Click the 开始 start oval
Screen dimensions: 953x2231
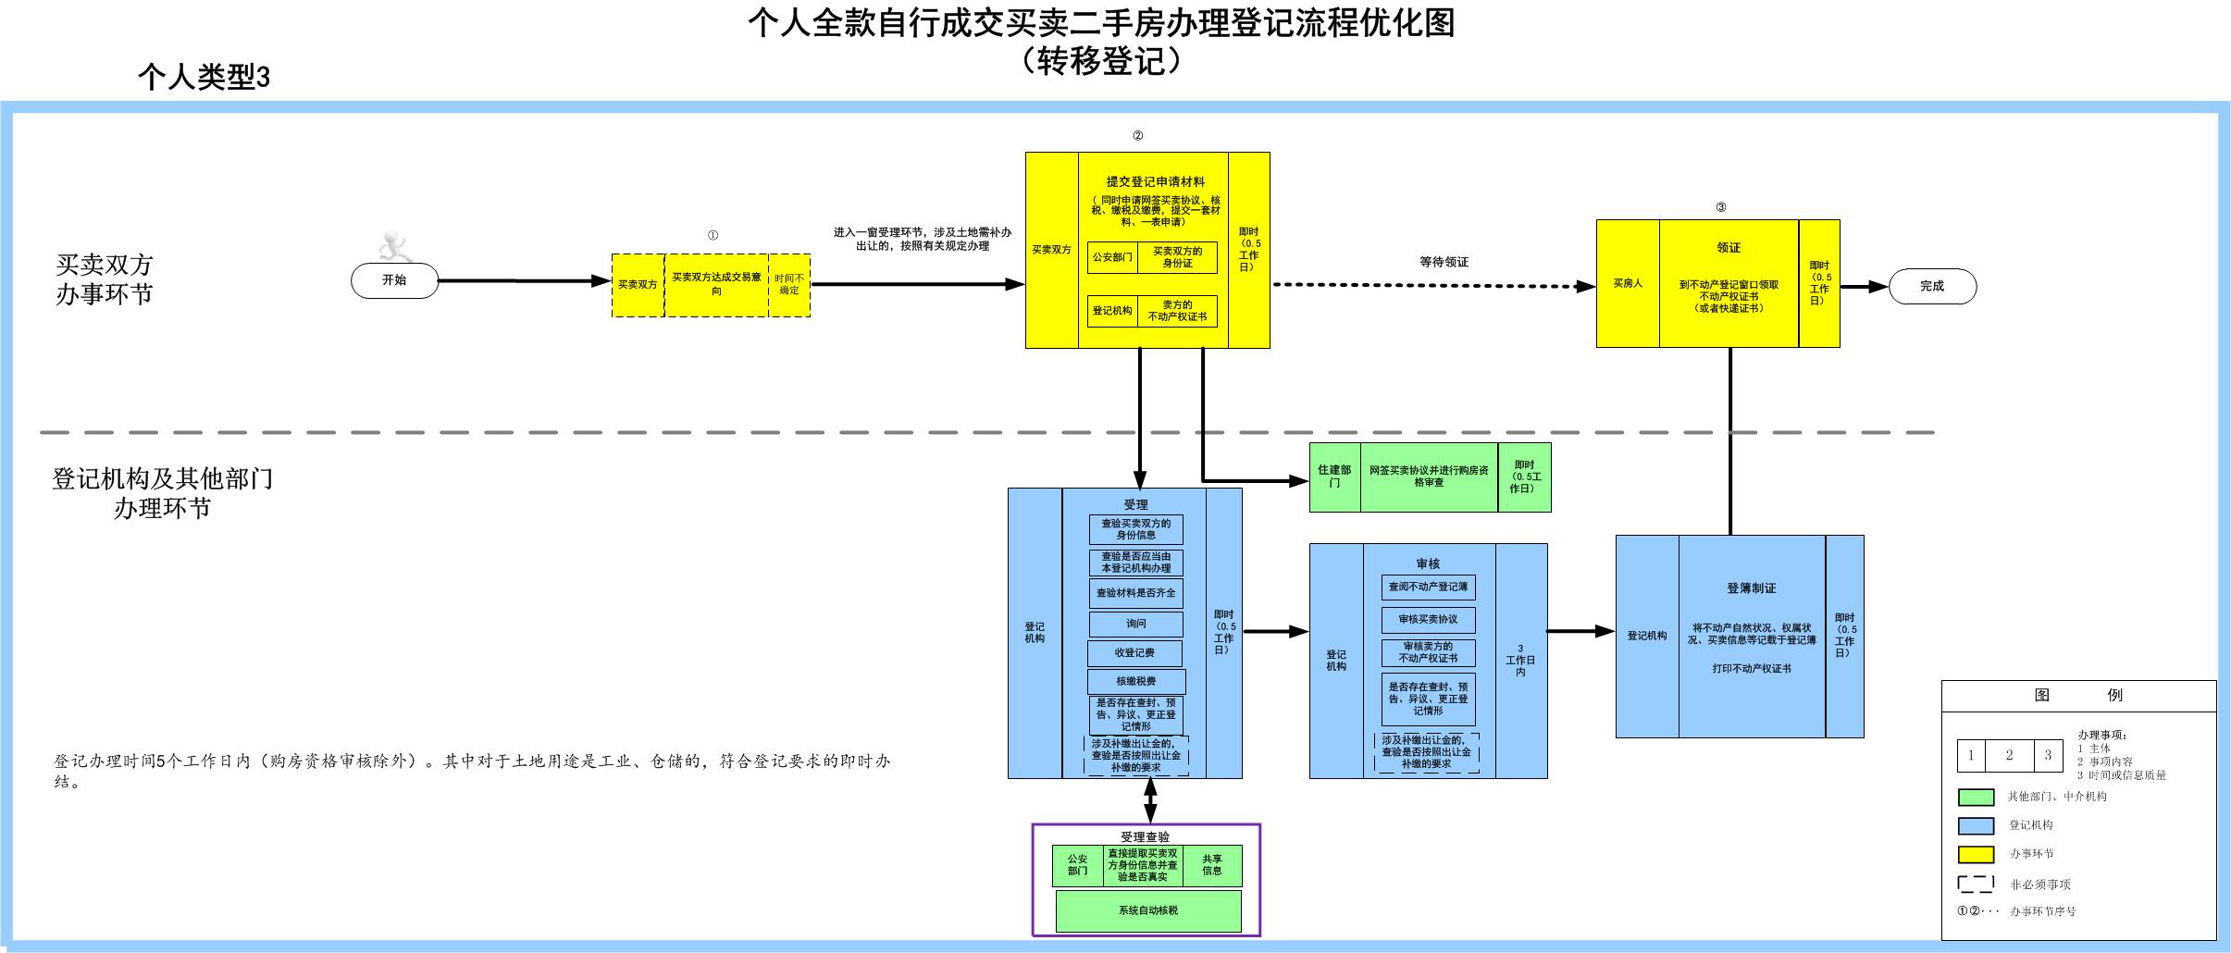(394, 280)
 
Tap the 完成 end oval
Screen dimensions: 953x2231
(1932, 286)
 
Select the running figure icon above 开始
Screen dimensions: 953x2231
(395, 247)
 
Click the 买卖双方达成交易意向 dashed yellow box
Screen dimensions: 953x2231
(716, 284)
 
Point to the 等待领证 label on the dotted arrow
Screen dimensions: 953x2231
(1444, 263)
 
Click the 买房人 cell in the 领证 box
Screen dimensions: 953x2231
(1628, 283)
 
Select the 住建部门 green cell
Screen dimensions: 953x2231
(1334, 477)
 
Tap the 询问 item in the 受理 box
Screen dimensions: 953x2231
(1136, 624)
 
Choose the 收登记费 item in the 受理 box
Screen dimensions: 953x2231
(1134, 653)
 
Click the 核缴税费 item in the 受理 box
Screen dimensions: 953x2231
(1136, 682)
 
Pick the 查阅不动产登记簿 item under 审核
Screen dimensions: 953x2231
(1428, 587)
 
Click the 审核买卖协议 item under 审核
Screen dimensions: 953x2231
(1428, 619)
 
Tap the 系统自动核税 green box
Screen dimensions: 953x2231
(1148, 910)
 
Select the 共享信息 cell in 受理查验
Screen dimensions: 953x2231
(1212, 865)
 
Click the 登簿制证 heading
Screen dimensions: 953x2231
(1751, 588)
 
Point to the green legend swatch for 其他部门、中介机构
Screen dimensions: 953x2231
(1976, 797)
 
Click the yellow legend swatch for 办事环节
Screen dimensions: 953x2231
(1976, 854)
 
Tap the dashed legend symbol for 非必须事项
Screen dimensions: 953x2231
(1976, 885)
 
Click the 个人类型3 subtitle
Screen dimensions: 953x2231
(205, 77)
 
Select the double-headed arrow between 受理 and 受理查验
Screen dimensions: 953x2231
(1150, 800)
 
